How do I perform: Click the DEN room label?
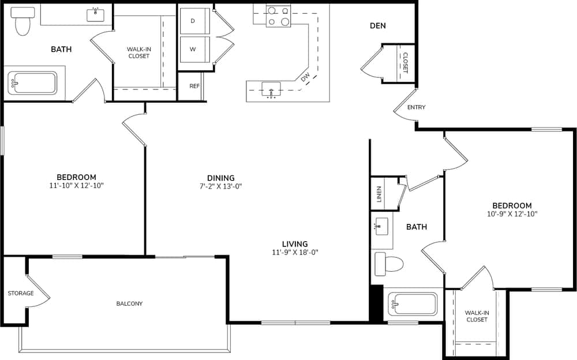[x=378, y=26]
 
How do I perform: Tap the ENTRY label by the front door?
[x=416, y=108]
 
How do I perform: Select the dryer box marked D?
[x=193, y=21]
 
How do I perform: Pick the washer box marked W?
[x=193, y=49]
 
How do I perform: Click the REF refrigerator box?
[x=194, y=87]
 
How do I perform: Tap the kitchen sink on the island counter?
[x=271, y=89]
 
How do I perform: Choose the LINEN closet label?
[x=379, y=194]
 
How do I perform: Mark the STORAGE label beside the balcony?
[x=21, y=293]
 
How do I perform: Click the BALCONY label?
[x=129, y=303]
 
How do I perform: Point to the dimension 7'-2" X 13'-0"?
[x=221, y=186]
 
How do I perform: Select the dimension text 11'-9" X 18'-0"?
[x=295, y=252]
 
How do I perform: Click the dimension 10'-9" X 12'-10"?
[x=512, y=214]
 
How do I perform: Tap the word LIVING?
[x=295, y=243]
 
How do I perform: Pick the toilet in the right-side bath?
[x=389, y=264]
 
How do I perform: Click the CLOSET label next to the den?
[x=405, y=63]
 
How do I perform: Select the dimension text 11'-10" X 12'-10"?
[x=76, y=186]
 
